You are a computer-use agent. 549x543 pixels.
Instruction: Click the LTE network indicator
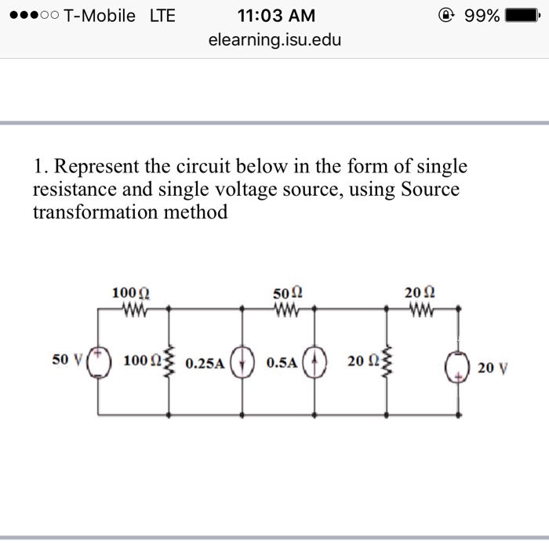pos(162,15)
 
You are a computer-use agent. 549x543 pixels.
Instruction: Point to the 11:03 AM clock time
pos(274,15)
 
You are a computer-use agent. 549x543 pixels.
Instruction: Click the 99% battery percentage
pos(482,15)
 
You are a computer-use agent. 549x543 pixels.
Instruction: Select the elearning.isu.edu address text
pos(274,39)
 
